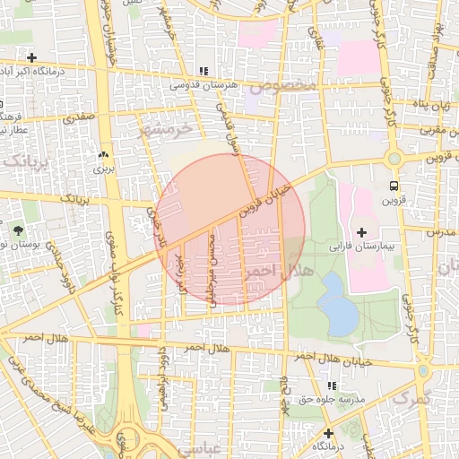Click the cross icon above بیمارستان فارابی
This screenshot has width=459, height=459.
pyautogui.click(x=360, y=233)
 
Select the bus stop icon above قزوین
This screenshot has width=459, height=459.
pyautogui.click(x=394, y=186)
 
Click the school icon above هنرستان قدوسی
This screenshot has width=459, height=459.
pyautogui.click(x=203, y=71)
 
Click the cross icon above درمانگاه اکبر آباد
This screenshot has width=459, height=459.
pyautogui.click(x=31, y=57)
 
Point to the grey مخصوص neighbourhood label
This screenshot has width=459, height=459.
pyautogui.click(x=283, y=87)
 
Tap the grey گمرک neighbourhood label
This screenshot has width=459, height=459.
pyautogui.click(x=411, y=395)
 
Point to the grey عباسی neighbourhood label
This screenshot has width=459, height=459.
pyautogui.click(x=196, y=446)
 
